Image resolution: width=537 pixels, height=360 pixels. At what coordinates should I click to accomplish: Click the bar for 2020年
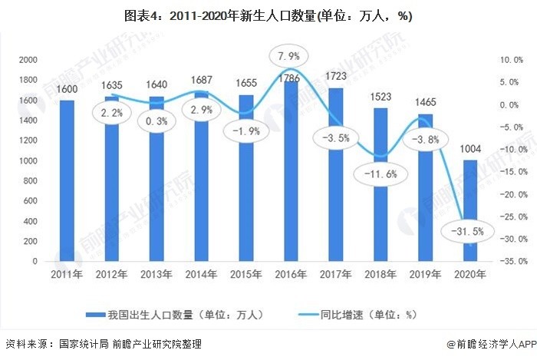(467, 210)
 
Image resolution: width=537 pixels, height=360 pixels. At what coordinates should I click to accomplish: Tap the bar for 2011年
(68, 180)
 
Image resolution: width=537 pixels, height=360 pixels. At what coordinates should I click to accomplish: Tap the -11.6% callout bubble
(377, 175)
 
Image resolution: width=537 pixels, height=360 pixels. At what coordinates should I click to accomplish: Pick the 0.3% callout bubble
(156, 121)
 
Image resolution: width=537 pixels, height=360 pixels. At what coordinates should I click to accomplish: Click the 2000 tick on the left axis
(28, 60)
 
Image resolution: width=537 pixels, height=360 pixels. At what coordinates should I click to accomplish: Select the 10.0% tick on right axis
(510, 60)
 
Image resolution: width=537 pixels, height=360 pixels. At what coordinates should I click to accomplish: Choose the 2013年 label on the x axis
(156, 273)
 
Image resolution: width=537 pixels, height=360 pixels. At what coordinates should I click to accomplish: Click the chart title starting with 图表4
(268, 17)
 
